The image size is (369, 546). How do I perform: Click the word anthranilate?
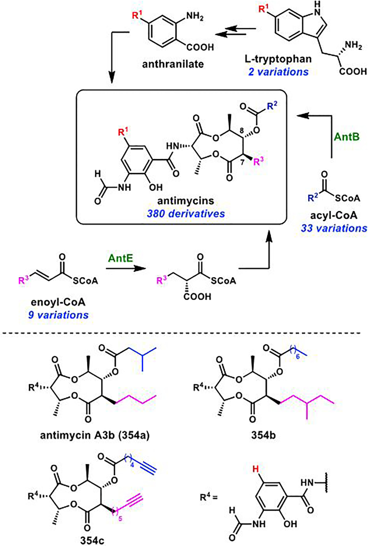173,64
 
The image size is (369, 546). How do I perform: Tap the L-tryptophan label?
278,59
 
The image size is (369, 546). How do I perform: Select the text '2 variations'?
278,72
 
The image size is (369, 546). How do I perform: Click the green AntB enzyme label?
347,137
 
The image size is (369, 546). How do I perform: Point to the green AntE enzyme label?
120,258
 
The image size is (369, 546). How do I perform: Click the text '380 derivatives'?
186,214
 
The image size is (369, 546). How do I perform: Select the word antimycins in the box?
186,201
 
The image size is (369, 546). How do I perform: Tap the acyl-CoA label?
334,215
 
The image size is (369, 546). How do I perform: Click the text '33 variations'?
334,228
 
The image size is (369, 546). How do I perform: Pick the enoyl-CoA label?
58,302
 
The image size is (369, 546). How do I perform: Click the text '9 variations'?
58,315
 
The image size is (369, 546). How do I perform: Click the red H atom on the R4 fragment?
256,469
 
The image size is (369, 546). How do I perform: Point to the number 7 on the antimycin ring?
242,162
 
